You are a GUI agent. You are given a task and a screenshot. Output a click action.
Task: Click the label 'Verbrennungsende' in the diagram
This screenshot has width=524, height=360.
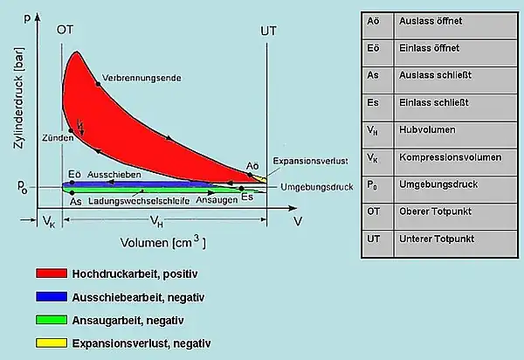click(x=141, y=77)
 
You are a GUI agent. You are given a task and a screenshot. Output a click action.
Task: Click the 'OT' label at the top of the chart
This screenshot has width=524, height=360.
click(x=65, y=30)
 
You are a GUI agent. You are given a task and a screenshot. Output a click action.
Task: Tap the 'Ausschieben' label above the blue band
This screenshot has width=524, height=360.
click(x=110, y=175)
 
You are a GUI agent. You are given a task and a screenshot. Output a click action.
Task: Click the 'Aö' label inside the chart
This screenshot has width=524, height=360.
click(x=252, y=165)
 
